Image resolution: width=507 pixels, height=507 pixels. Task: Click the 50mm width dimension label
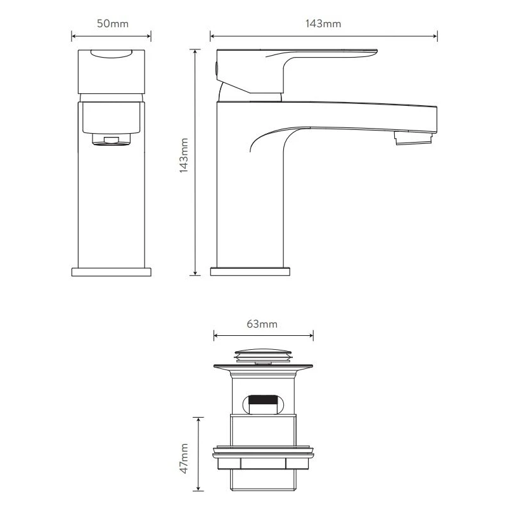[x=111, y=24]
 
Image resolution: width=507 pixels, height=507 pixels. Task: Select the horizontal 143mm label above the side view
[x=323, y=24]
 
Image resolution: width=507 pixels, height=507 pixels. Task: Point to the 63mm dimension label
[x=262, y=324]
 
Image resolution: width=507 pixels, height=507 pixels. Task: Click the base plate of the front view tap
[x=112, y=272]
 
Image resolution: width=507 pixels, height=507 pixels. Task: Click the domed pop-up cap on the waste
[x=264, y=352]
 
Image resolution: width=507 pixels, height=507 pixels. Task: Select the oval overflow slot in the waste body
[x=264, y=402]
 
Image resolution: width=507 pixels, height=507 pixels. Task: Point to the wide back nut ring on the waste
[x=264, y=454]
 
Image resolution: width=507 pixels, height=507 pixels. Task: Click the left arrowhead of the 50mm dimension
[x=73, y=37]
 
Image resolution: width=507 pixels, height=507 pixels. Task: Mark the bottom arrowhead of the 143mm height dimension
[x=196, y=273]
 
